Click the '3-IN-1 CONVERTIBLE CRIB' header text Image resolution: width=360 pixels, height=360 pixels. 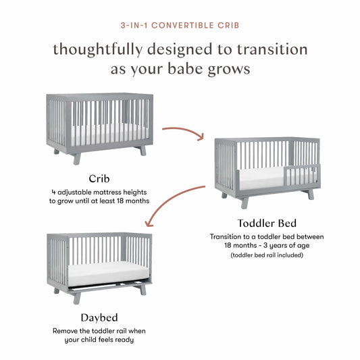tap(180, 26)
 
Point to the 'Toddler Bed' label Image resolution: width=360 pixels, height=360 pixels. tap(266, 224)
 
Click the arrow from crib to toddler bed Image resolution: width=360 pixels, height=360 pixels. tap(182, 130)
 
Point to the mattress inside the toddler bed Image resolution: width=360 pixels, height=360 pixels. tap(263, 178)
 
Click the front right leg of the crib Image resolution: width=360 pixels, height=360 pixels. tap(143, 150)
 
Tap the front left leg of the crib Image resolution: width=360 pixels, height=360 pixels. tap(77, 158)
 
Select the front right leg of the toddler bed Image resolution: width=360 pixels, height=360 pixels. tap(310, 194)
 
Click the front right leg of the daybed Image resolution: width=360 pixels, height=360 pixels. tap(143, 289)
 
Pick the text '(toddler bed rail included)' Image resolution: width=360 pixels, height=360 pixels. tap(266, 255)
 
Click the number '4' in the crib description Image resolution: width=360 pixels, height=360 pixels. tap(54, 191)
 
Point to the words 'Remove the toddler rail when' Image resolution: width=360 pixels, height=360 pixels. tap(99, 331)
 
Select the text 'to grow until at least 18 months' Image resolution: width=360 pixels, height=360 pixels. tap(99, 201)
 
